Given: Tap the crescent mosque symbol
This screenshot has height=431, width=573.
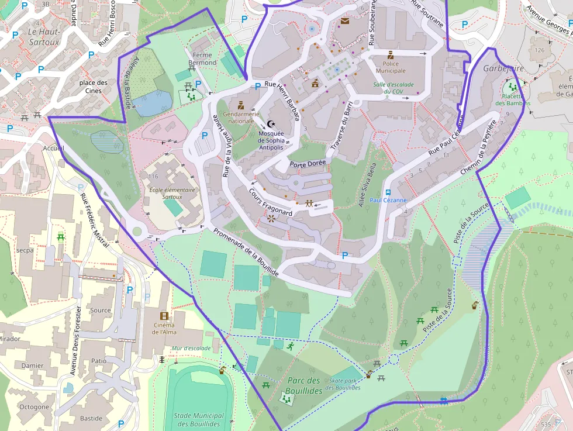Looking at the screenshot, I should (271, 124).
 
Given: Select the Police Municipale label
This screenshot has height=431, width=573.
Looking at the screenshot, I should (391, 67).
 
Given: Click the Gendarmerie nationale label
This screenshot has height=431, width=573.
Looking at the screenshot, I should (238, 118).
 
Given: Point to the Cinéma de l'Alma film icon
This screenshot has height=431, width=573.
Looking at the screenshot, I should (164, 316).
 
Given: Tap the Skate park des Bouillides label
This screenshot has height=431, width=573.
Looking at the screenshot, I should (344, 384).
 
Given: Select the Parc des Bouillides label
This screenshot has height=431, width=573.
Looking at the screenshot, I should (305, 385).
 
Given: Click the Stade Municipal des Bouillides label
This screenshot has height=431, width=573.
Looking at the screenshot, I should (198, 419).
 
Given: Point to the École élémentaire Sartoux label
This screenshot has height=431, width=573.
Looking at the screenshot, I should (165, 193).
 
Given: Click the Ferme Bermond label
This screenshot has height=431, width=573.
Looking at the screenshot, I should (204, 58).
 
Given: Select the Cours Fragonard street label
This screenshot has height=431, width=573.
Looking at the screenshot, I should (270, 202).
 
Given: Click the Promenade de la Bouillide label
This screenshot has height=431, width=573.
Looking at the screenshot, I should (246, 251).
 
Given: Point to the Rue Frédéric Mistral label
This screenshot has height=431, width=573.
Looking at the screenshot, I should (95, 219).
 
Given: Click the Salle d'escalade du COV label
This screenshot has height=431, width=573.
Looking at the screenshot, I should (393, 88).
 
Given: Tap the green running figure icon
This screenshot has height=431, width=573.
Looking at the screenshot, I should (290, 346).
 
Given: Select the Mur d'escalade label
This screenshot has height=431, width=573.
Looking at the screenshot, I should (191, 348).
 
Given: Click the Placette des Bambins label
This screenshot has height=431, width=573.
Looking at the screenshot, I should (513, 99).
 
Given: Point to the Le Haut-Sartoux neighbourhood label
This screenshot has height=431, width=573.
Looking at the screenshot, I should (44, 36).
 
